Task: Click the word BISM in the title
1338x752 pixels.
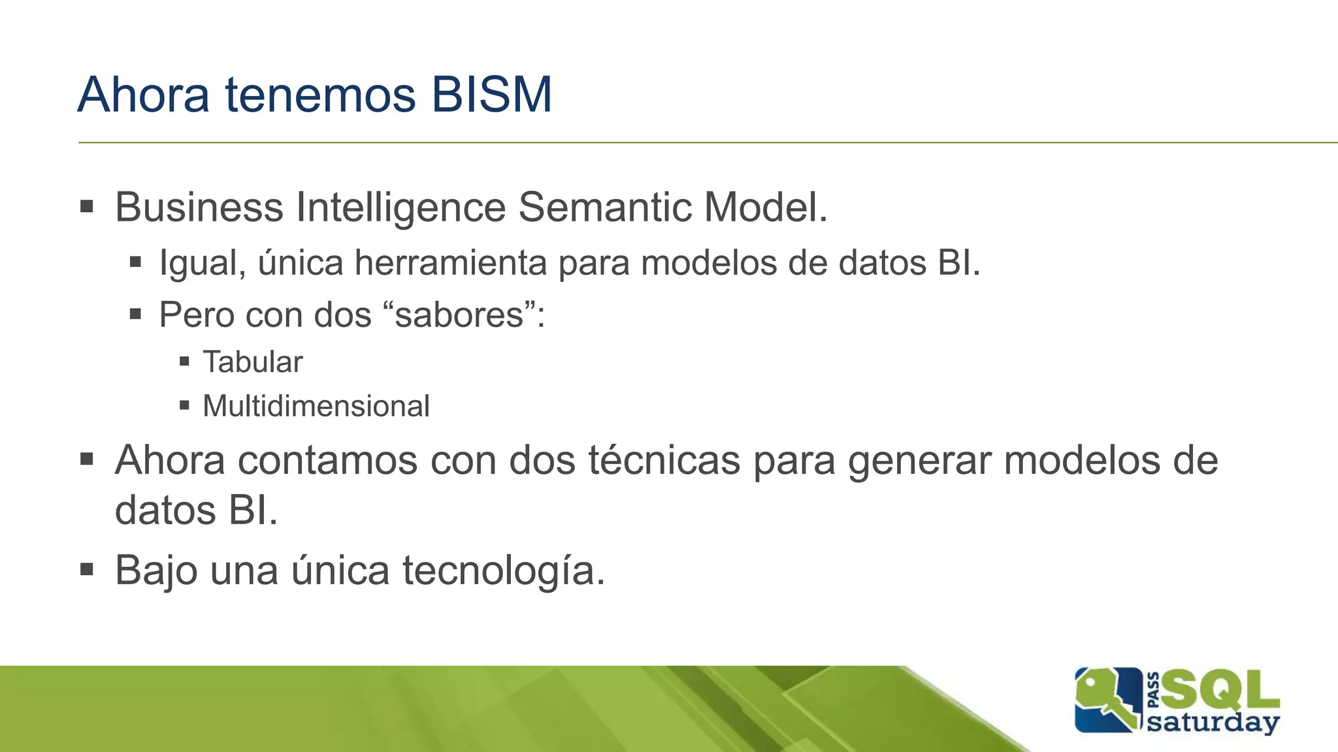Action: tap(491, 95)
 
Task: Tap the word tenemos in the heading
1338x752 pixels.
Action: tap(320, 95)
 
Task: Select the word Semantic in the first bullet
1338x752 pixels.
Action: tap(604, 208)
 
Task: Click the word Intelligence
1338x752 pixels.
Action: tap(400, 208)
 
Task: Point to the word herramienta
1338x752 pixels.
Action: tap(450, 263)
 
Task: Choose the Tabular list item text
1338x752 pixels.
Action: tap(253, 362)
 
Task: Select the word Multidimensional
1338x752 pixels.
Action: tap(316, 406)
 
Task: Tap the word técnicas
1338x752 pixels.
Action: tap(664, 460)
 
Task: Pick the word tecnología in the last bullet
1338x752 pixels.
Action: tap(503, 570)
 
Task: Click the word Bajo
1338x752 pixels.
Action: tap(156, 570)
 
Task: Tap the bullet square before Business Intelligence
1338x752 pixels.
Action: tap(87, 208)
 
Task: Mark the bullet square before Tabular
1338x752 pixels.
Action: tap(184, 361)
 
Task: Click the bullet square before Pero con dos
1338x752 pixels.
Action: tap(135, 314)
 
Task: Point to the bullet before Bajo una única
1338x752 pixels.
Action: tap(87, 569)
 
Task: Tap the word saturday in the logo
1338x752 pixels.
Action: tap(1213, 723)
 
